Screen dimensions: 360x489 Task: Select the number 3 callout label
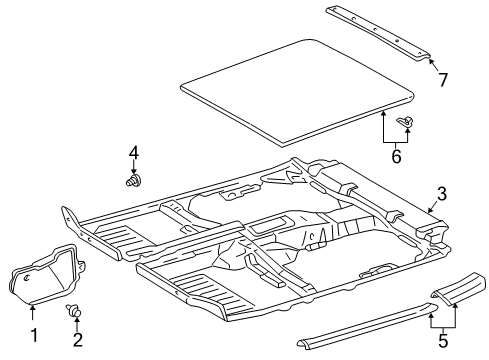pos(439,195)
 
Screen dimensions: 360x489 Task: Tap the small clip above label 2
pos(75,310)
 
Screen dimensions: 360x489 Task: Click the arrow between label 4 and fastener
pos(134,167)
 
